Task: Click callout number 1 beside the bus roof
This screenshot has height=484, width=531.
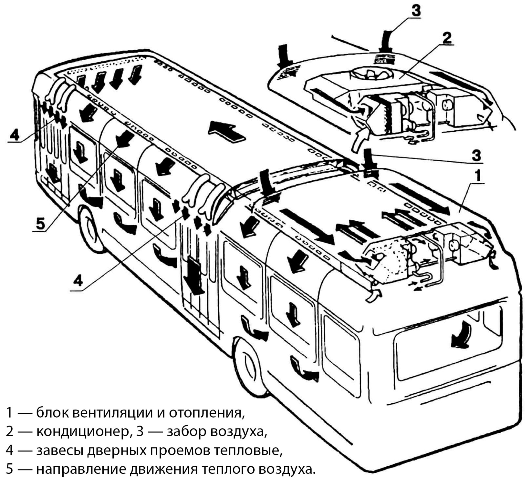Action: (477, 176)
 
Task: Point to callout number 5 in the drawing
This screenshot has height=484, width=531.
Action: (40, 223)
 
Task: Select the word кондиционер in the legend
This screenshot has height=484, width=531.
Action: (82, 431)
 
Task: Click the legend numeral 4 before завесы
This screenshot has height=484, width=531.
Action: (10, 450)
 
